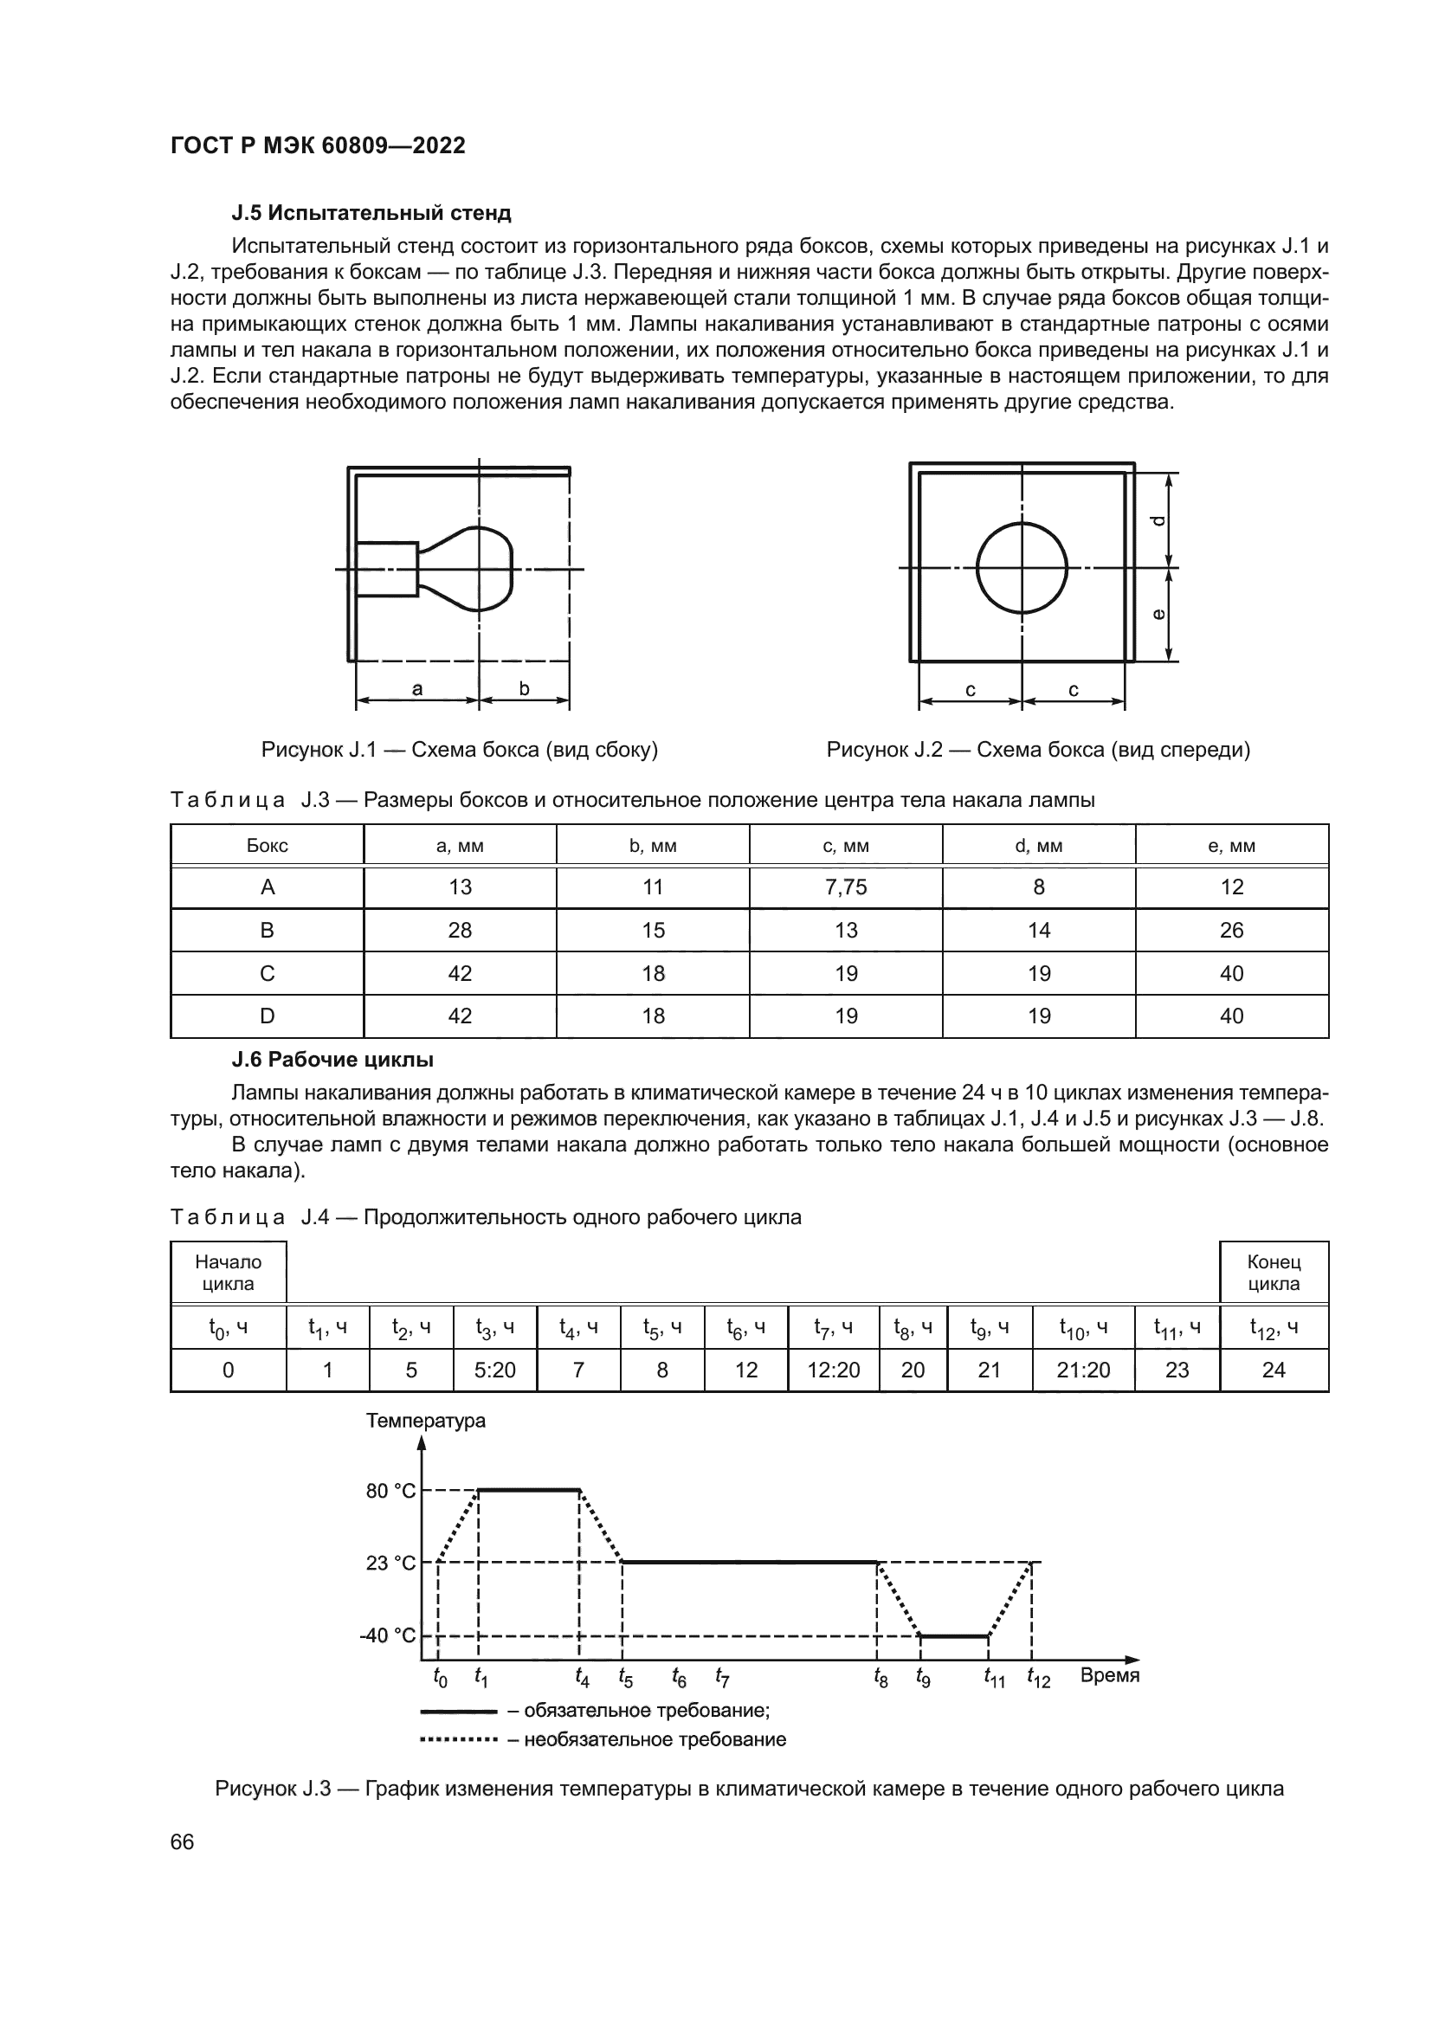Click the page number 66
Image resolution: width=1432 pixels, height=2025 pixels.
tap(182, 1842)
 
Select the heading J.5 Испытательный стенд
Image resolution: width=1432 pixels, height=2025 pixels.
tap(371, 213)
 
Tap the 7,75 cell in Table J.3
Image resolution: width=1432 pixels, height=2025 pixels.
tap(846, 887)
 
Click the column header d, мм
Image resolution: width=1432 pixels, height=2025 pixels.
tap(1039, 846)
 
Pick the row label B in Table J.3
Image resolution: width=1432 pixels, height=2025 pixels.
tap(268, 931)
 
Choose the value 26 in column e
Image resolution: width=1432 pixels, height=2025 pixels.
tap(1231, 931)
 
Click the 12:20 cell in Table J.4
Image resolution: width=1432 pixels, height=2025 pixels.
tap(833, 1370)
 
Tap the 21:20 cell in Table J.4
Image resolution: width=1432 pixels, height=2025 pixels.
tap(1083, 1370)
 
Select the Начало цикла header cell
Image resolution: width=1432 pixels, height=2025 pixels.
tap(229, 1273)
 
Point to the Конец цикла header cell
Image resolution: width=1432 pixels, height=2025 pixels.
tap(1274, 1273)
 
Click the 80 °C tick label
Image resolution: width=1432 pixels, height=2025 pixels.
tap(390, 1491)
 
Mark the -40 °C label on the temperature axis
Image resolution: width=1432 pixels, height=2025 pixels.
tap(387, 1636)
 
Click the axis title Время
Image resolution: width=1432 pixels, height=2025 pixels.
tap(1109, 1676)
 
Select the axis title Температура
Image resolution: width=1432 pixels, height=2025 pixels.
tap(426, 1421)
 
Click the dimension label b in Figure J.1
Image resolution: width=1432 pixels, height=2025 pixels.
tap(524, 689)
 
